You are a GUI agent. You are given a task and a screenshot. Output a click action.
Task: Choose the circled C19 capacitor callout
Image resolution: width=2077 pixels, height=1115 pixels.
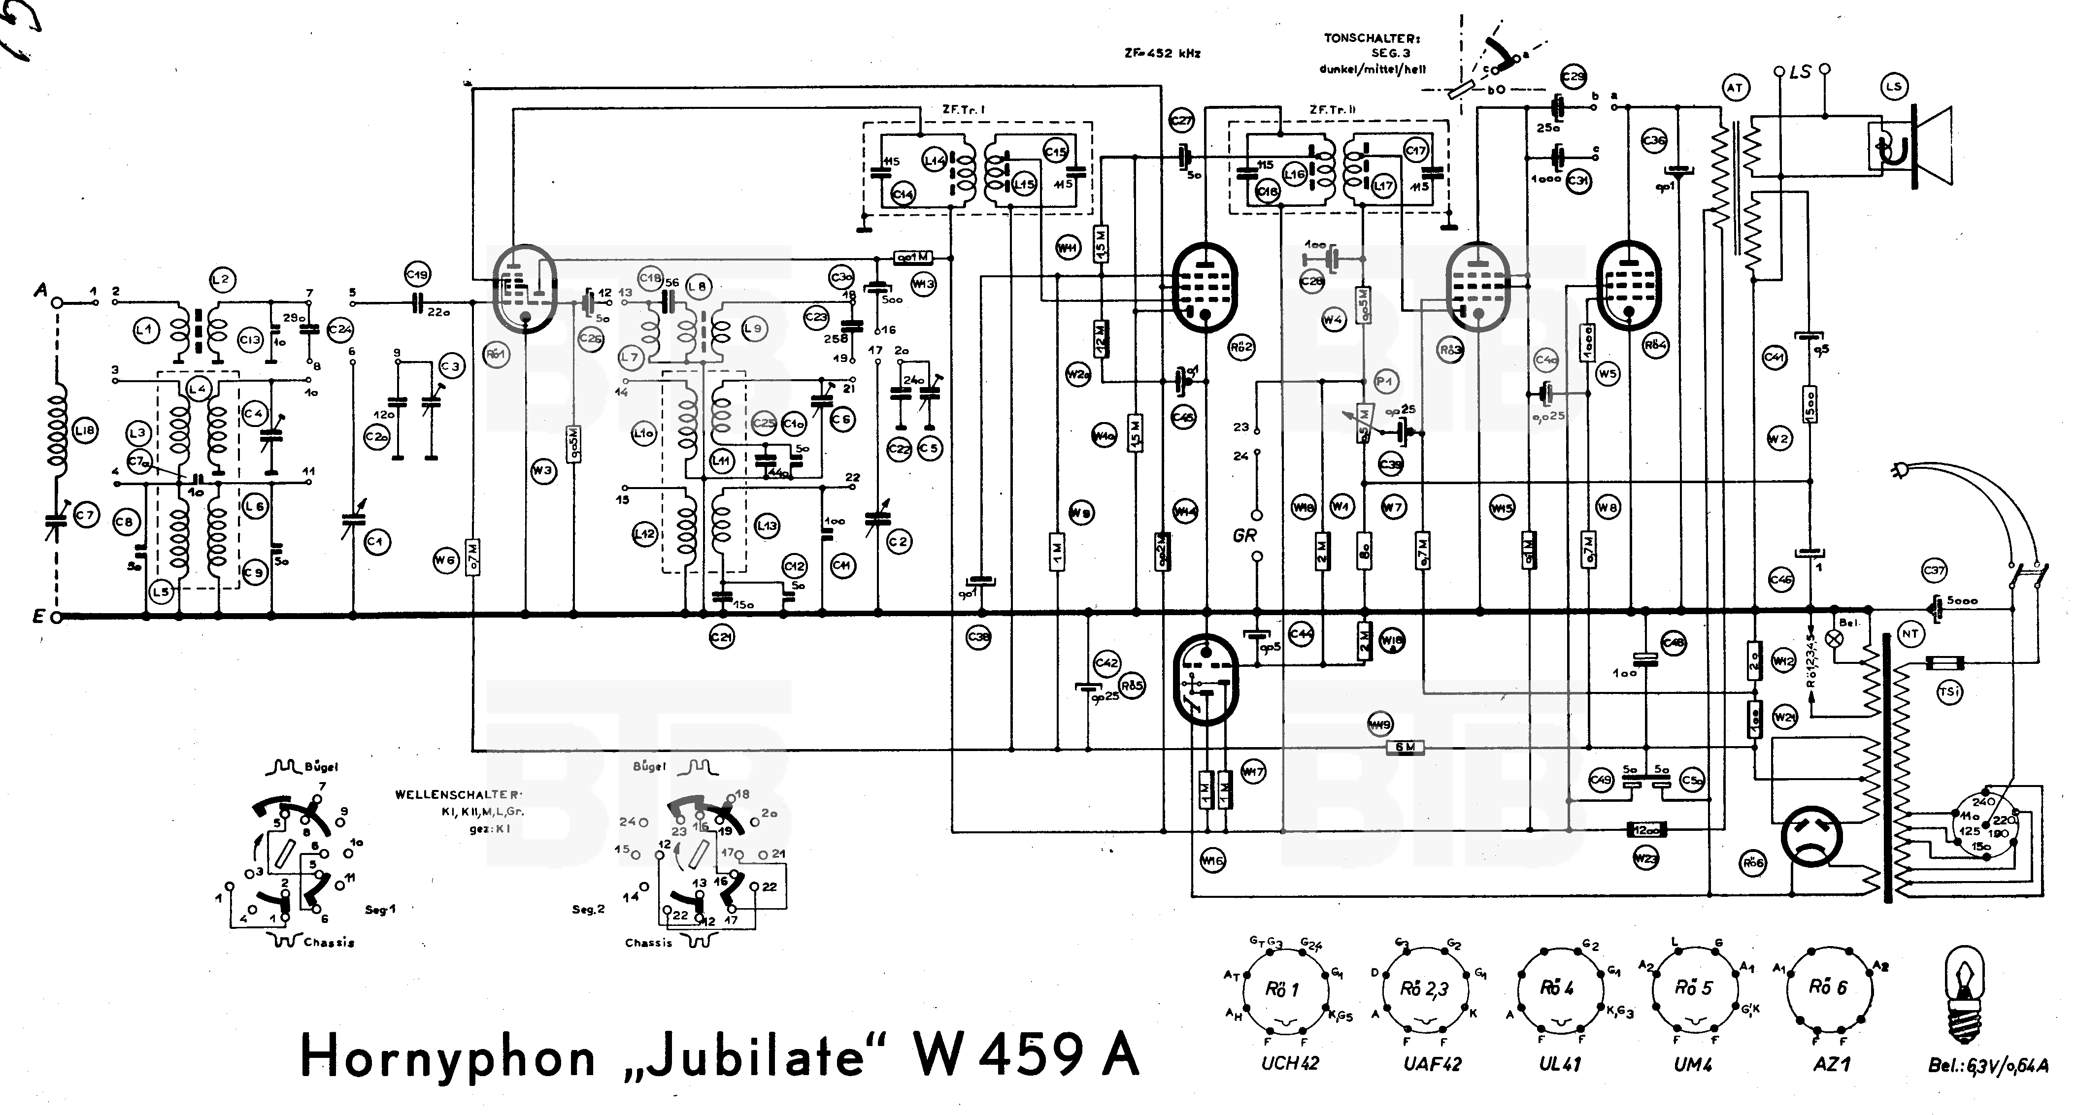click(x=417, y=275)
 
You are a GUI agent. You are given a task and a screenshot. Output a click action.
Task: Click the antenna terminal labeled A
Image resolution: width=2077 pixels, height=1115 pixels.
click(x=57, y=302)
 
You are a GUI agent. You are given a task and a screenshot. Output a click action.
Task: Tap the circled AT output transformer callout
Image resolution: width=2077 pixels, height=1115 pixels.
click(x=1734, y=87)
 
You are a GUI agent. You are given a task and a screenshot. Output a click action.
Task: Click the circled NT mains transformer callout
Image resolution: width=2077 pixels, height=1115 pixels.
click(x=1910, y=634)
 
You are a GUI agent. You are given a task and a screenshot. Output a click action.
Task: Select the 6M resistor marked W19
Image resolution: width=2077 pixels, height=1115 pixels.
click(x=1405, y=748)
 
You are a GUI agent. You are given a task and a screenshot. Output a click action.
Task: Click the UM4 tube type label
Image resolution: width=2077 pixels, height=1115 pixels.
click(x=1692, y=1063)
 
